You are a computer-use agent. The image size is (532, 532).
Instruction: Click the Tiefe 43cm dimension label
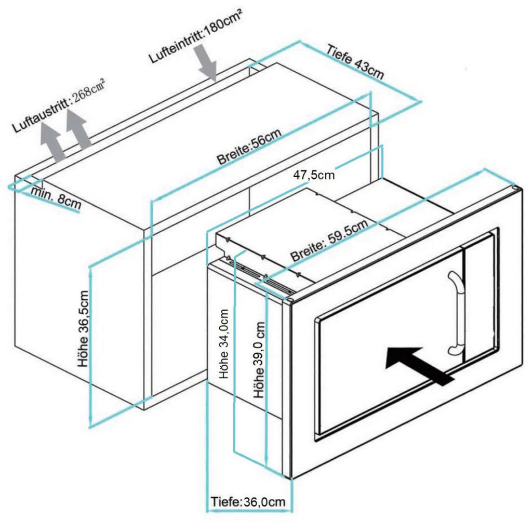(x=356, y=62)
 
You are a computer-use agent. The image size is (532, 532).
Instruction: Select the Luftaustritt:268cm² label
(x=59, y=105)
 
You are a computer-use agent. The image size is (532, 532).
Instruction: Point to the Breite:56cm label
(x=250, y=148)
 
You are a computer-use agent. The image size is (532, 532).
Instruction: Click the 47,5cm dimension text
(x=314, y=175)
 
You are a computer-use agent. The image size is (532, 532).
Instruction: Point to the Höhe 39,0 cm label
(x=260, y=359)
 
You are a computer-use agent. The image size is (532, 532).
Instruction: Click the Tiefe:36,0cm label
(x=248, y=502)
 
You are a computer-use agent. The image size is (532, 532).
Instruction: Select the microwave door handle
(x=456, y=312)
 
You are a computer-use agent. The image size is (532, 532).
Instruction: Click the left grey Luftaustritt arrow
(x=53, y=143)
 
